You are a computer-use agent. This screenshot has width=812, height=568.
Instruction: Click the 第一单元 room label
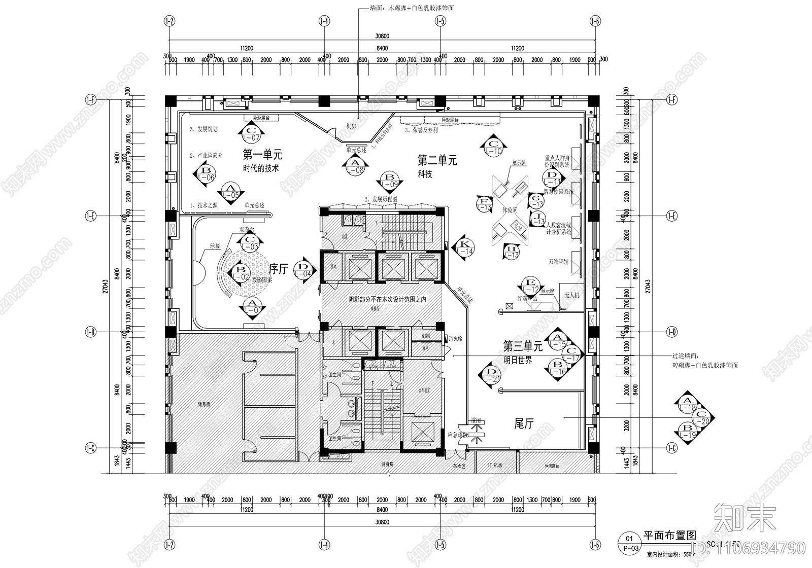pyautogui.click(x=262, y=154)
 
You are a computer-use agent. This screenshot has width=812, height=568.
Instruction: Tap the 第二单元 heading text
pyautogui.click(x=437, y=161)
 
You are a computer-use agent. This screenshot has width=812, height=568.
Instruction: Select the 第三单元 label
pyautogui.click(x=523, y=346)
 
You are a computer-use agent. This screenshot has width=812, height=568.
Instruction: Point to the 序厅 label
pyautogui.click(x=278, y=268)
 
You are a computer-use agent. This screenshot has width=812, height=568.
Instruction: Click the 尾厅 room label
pyautogui.click(x=524, y=423)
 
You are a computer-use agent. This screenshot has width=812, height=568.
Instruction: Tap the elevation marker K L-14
pyautogui.click(x=463, y=247)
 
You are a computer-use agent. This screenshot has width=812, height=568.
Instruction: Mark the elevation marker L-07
pyautogui.click(x=252, y=133)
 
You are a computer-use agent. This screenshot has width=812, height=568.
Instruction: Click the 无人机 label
pyautogui.click(x=571, y=295)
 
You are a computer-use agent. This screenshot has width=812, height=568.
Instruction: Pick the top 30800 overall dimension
pyautogui.click(x=382, y=36)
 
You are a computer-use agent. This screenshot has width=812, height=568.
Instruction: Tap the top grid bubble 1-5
pyautogui.click(x=441, y=21)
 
